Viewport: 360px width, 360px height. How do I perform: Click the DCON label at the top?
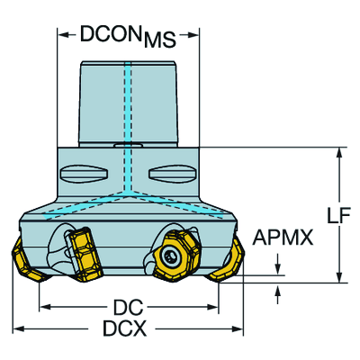111,33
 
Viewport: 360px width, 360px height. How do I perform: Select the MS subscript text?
160,40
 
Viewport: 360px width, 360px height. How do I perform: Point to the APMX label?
283,238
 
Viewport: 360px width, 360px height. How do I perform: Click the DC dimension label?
128,307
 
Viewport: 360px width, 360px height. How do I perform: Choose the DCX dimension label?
125,328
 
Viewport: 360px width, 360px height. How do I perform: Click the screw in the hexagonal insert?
170,256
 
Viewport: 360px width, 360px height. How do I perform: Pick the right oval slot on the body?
173,173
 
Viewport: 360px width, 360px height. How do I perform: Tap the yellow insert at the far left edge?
28,261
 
